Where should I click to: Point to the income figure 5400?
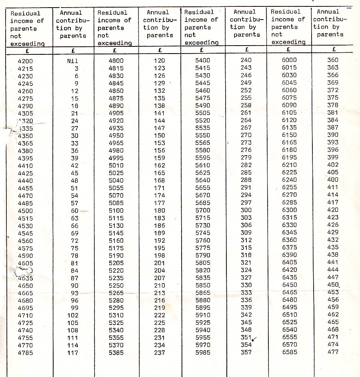pos(202,60)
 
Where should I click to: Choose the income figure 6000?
pos(289,60)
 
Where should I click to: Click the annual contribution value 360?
pos(333,60)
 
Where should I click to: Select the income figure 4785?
pos(26,353)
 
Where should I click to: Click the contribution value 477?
pos(333,352)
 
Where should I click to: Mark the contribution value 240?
pos(246,60)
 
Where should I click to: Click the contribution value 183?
pos(159,218)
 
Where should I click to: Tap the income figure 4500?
pos(26,211)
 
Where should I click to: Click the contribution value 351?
pos(246,337)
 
